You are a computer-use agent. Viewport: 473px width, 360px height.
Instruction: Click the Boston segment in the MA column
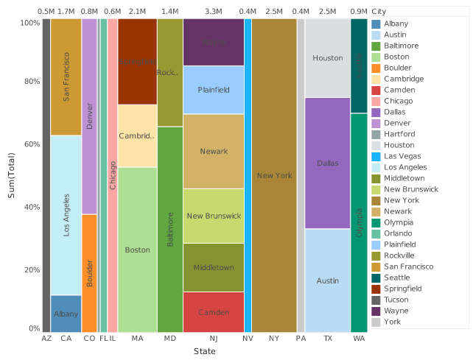(137, 250)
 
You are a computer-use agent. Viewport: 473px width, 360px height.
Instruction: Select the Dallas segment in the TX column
(327, 163)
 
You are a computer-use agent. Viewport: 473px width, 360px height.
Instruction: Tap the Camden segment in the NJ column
(213, 312)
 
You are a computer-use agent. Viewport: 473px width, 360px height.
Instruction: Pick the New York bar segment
(274, 175)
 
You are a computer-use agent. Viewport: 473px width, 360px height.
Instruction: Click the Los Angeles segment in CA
(66, 215)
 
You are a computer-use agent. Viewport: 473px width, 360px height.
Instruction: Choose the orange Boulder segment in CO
(89, 273)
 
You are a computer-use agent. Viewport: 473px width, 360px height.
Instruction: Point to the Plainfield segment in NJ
(213, 90)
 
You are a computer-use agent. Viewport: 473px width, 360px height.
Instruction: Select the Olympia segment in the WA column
(359, 222)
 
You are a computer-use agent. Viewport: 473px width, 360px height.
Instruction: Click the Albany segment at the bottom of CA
(66, 314)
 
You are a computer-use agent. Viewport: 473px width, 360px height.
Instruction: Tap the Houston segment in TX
(327, 58)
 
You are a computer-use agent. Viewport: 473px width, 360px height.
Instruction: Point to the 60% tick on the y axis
(29, 144)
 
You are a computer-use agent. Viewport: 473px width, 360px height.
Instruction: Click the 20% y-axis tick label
(29, 269)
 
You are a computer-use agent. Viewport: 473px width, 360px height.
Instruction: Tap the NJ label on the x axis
(213, 339)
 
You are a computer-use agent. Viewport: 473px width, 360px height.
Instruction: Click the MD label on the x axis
(170, 339)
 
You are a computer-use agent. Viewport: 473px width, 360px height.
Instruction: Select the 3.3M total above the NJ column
(213, 12)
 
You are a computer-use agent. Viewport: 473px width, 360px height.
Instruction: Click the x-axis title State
(204, 352)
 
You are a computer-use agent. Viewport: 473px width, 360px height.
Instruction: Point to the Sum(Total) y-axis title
(11, 174)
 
